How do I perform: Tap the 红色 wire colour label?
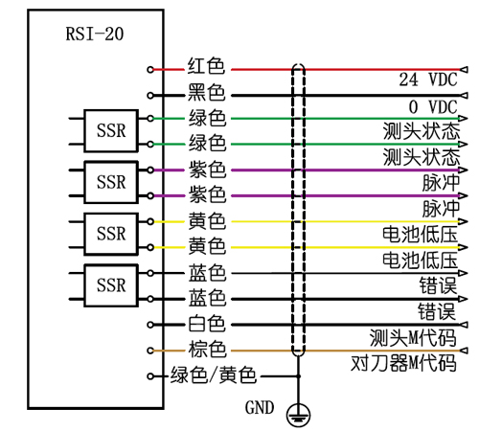[x=206, y=68]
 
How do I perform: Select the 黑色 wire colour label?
[x=206, y=94]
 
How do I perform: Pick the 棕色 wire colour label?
[x=206, y=350]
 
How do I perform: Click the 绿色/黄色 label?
[x=213, y=375]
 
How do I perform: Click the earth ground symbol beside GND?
[x=299, y=411]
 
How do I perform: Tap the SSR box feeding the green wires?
[x=111, y=131]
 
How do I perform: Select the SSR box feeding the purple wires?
[x=111, y=182]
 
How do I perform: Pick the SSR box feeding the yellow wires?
[x=111, y=233]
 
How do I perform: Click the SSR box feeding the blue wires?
[x=111, y=284]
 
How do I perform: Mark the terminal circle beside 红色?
[x=150, y=69]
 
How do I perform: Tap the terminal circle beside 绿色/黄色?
[x=150, y=376]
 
